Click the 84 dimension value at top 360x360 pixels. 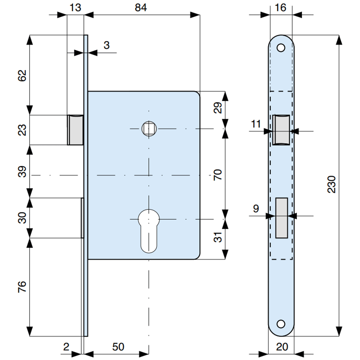point(141,8)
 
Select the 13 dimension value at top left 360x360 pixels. point(75,8)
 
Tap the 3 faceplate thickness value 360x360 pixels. point(107,45)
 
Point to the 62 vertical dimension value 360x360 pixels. point(22,76)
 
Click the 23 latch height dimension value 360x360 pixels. point(22,130)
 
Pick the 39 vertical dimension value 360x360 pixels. point(22,172)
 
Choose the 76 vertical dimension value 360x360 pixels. point(22,287)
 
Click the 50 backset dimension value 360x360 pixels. point(118,347)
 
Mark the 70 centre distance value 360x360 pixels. point(218,175)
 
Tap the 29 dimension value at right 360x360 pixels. point(218,108)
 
